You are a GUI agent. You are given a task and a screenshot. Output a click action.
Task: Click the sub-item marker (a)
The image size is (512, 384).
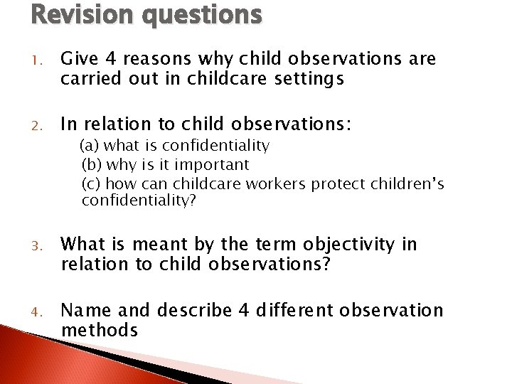pyautogui.click(x=89, y=146)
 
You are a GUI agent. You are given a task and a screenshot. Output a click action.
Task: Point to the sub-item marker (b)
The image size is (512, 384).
pyautogui.click(x=92, y=165)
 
